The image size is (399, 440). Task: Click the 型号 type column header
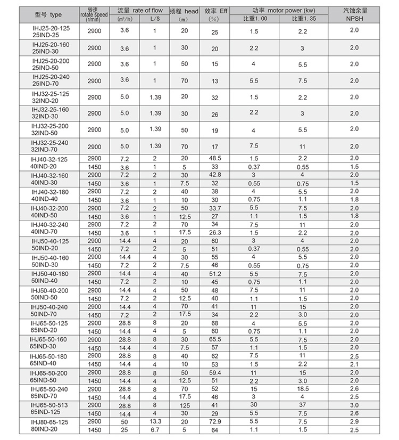[48, 14]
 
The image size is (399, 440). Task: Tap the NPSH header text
[354, 19]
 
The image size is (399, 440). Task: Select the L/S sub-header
[154, 19]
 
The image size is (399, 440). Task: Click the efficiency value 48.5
[214, 158]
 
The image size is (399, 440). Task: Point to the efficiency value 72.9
[214, 421]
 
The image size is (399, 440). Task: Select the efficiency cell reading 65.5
[214, 339]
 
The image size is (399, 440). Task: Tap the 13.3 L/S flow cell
[154, 421]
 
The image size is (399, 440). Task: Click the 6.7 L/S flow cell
[154, 429]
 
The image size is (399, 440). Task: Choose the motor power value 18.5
[302, 389]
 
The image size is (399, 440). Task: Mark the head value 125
[184, 405]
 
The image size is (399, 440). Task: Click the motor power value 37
[302, 405]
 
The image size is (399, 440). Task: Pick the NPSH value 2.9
[354, 421]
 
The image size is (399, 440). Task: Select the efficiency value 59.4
[214, 372]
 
